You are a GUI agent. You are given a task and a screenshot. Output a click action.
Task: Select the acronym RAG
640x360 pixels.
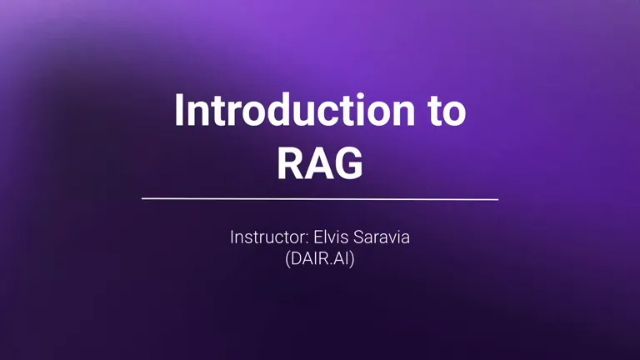[x=320, y=163]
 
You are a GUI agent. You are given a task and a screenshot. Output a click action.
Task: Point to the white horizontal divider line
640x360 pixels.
[x=320, y=199]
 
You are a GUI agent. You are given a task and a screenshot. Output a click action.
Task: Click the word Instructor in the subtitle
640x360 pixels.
[x=267, y=237]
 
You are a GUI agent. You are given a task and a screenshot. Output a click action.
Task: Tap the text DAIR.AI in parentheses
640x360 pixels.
[x=320, y=259]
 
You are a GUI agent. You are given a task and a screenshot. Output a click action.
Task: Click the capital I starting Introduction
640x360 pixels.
[x=178, y=110]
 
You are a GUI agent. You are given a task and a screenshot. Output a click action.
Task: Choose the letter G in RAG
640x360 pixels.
[x=349, y=163]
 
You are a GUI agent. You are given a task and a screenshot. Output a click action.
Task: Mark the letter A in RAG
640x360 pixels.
[x=320, y=163]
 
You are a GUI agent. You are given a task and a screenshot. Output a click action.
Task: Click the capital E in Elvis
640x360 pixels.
[x=317, y=237]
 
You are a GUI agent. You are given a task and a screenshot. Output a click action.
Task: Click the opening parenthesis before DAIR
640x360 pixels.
[x=287, y=259]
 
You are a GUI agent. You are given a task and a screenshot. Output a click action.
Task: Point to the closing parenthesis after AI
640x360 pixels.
[x=352, y=259]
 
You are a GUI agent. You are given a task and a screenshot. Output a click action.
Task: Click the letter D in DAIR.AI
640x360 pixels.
[x=296, y=259]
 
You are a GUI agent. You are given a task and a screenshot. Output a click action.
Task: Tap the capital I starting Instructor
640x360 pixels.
[x=232, y=237]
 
